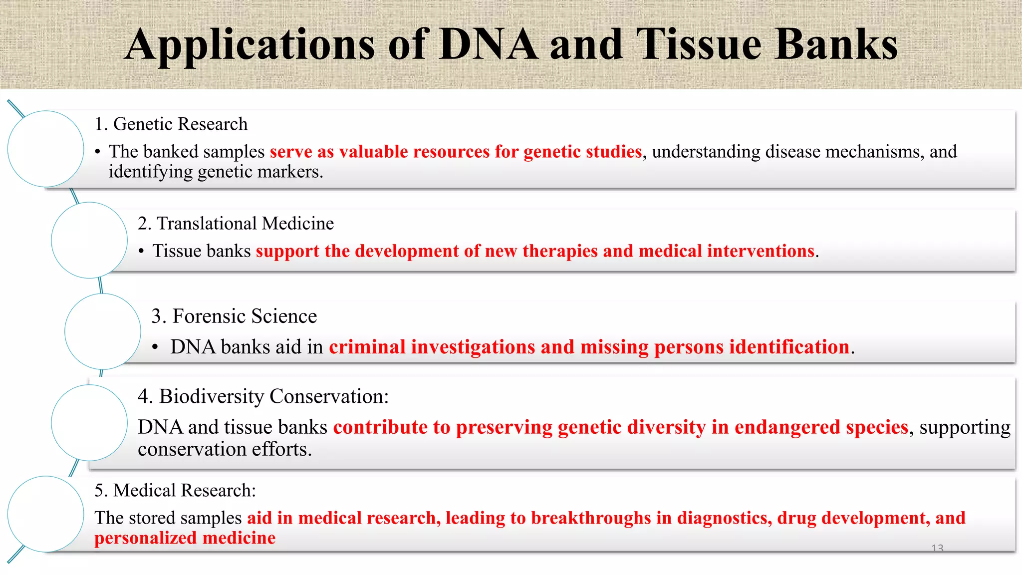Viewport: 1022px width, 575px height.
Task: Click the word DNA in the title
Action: tap(489, 45)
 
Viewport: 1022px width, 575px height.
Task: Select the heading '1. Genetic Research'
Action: tap(171, 124)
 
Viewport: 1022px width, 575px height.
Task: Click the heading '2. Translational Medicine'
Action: tap(236, 224)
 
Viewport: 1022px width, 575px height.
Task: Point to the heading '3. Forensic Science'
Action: tap(234, 316)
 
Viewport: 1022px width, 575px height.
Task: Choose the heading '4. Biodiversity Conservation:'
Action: tap(263, 396)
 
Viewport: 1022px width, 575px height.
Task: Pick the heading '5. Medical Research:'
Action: tap(175, 491)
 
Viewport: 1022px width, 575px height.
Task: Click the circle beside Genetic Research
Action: tap(46, 149)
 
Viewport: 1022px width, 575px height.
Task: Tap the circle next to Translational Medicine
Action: tap(89, 240)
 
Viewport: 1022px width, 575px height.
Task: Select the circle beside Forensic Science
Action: tap(103, 331)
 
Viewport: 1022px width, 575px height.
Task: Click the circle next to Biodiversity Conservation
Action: tap(89, 423)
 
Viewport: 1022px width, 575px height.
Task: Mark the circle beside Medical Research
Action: tap(46, 514)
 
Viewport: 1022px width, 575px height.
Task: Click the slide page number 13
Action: tap(937, 548)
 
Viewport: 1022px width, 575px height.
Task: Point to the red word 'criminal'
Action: tap(367, 347)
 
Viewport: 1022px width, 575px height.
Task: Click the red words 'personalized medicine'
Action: tap(185, 538)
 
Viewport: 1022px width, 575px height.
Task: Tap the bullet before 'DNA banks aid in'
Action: tap(156, 347)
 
